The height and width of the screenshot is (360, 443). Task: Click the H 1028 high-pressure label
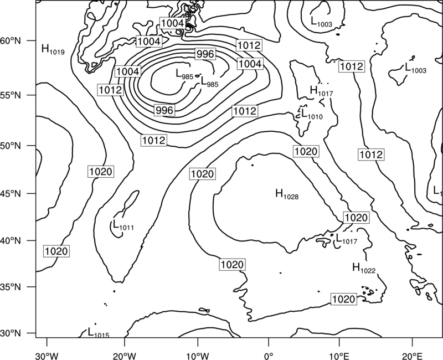[x=287, y=194]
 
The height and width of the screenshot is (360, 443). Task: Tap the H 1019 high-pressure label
[x=53, y=49]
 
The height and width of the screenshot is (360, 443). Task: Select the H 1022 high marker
[x=364, y=268]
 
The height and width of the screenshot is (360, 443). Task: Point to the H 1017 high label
[x=322, y=91]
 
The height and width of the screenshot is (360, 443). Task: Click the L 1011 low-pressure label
[x=123, y=225]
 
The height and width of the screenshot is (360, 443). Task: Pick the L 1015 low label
[x=99, y=333]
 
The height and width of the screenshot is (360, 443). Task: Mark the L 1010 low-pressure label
[x=312, y=114]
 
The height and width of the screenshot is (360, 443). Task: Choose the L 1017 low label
[x=347, y=239]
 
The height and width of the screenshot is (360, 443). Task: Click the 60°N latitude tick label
[x=11, y=41]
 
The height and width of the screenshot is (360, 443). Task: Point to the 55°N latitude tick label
[x=11, y=95]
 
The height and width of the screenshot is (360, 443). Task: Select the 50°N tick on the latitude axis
[x=11, y=146]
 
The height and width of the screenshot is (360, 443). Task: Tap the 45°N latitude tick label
[x=11, y=194]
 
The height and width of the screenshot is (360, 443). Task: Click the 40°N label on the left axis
[x=11, y=241]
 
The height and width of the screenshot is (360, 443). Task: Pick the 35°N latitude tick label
[x=11, y=287]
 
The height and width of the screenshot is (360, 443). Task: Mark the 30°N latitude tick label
[x=11, y=333]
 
